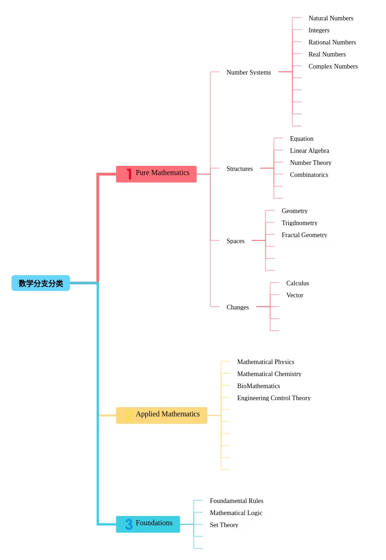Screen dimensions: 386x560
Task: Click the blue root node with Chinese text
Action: coord(40,283)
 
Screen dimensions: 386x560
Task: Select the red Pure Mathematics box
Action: coord(156,174)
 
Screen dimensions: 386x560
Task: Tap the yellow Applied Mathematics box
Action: coord(162,415)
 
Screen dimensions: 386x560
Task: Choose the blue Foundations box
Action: coord(148,524)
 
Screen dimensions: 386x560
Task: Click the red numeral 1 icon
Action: coord(129,174)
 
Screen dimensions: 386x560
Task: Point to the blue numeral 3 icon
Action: coord(129,524)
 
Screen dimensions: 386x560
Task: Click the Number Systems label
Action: coord(249,72)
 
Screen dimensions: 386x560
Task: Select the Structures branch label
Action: coord(240,169)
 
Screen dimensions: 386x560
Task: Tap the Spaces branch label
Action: coord(235,241)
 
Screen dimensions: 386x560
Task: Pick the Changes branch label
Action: coord(238,307)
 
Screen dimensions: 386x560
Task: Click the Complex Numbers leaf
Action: coord(333,66)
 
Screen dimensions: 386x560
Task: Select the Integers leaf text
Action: coord(319,30)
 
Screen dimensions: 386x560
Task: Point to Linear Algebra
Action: coord(310,151)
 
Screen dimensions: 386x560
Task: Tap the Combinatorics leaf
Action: coord(309,175)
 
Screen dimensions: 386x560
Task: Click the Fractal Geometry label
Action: coord(304,235)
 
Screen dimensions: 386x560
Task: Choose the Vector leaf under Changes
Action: coord(295,295)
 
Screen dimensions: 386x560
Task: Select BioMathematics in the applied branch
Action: coord(259,386)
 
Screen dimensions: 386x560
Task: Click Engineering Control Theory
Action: coord(274,398)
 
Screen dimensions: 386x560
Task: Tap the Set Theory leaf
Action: coord(224,525)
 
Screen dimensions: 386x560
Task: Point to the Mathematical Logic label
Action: coord(236,513)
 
